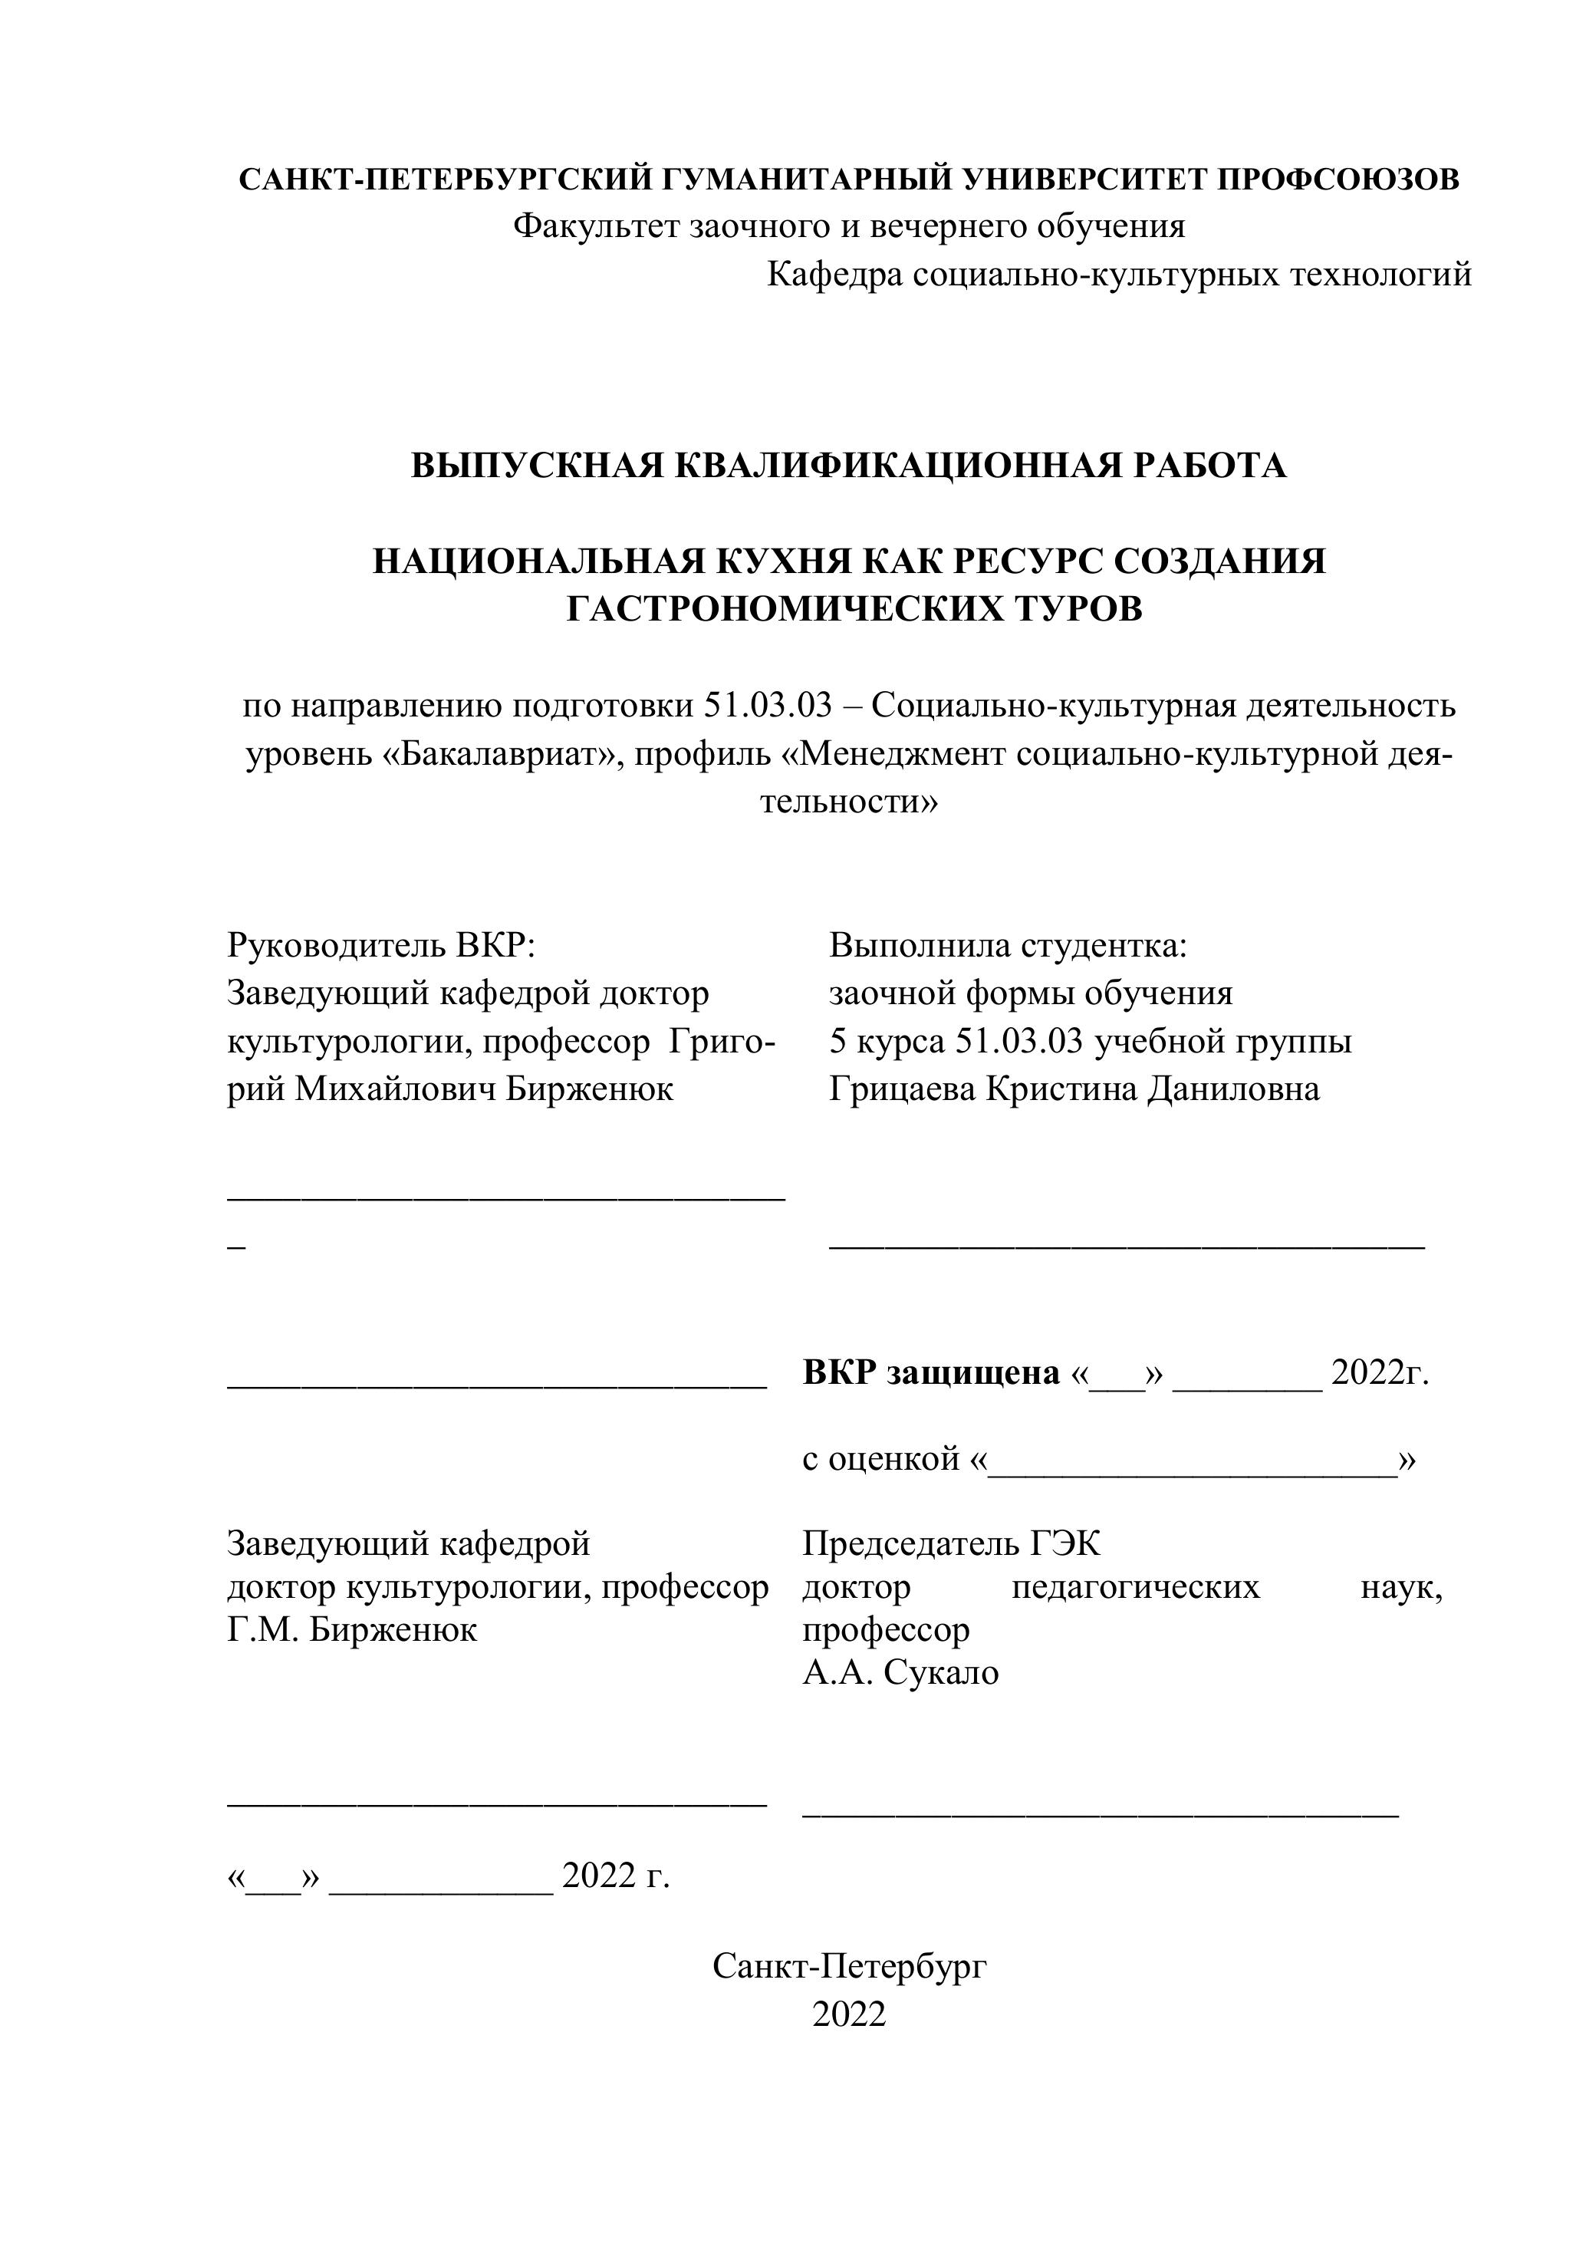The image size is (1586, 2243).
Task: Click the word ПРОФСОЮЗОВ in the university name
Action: coord(1339,180)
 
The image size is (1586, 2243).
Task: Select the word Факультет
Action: coord(597,226)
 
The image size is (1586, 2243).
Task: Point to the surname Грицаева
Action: coord(903,1089)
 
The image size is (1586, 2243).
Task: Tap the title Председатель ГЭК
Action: coord(951,1543)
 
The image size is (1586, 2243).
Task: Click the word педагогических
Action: coord(1136,1586)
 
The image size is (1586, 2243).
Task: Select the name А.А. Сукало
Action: coord(900,1672)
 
